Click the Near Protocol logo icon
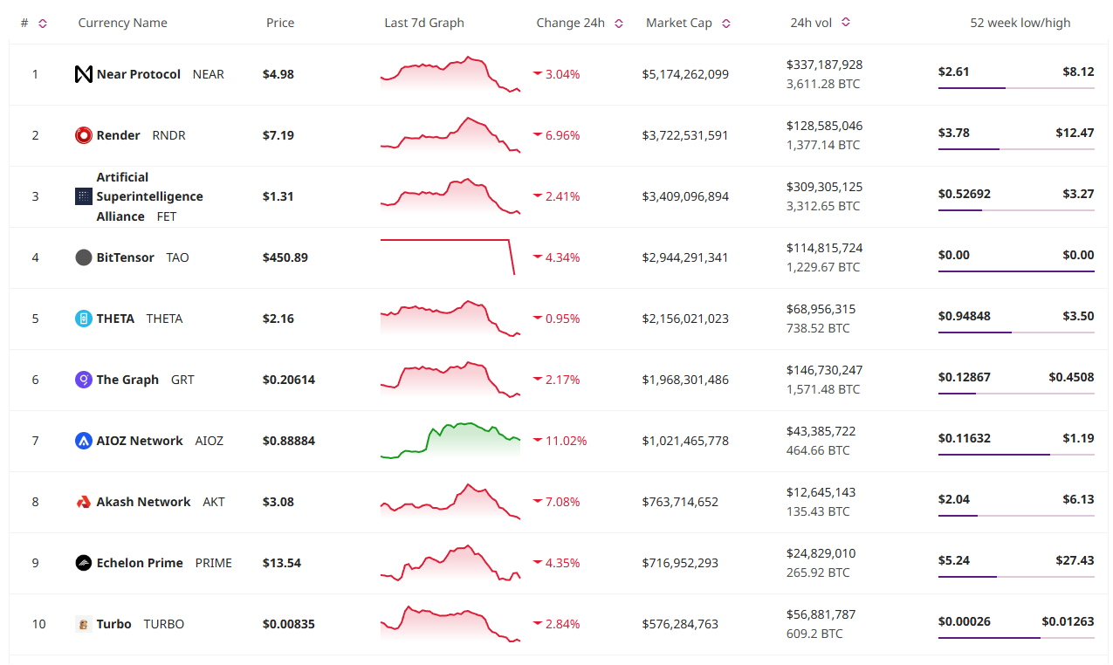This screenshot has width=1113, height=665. [x=84, y=74]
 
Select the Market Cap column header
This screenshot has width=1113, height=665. [x=678, y=23]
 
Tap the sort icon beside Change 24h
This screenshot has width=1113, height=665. [x=619, y=24]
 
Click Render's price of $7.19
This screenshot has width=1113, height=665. [x=278, y=135]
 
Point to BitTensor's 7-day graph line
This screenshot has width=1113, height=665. [x=445, y=240]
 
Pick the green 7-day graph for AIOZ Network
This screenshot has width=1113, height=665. [x=450, y=439]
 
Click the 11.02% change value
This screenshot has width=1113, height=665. [x=566, y=441]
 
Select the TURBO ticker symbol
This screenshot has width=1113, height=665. [x=164, y=624]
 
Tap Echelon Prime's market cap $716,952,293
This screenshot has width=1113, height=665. [x=680, y=563]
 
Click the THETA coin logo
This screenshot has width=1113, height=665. [x=84, y=319]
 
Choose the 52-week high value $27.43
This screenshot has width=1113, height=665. [x=1075, y=560]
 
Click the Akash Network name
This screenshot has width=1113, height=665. [x=143, y=502]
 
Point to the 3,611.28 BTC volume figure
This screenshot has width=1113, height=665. [x=823, y=84]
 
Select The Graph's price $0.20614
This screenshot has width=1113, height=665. [x=289, y=380]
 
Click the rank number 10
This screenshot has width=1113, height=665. [x=39, y=624]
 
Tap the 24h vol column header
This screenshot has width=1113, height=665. [x=811, y=23]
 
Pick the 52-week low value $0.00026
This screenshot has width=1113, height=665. [x=964, y=621]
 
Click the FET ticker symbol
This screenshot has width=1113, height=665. [x=167, y=216]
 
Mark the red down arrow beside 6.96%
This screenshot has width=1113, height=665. [x=538, y=135]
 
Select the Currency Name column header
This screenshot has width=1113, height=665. [x=122, y=23]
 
